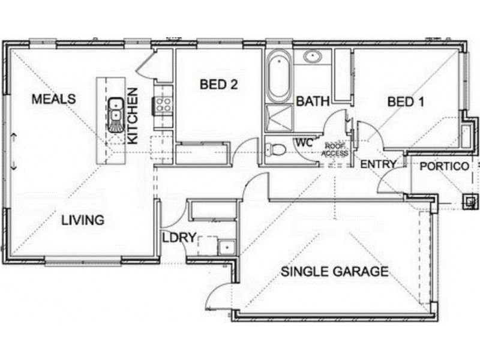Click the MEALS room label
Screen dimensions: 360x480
(x=54, y=99)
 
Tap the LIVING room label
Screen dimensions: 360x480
(x=83, y=220)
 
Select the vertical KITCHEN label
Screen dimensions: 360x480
(x=133, y=116)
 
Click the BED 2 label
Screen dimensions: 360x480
(x=218, y=85)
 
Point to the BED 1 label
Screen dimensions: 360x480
(x=406, y=102)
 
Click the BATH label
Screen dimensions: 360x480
(x=313, y=101)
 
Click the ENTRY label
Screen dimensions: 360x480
(x=378, y=164)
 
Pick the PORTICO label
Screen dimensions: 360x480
(x=444, y=166)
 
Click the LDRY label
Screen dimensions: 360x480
(x=179, y=238)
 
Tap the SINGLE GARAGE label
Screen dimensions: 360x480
(x=335, y=272)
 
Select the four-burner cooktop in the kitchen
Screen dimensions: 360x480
(x=163, y=106)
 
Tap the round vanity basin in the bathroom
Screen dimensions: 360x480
(x=312, y=57)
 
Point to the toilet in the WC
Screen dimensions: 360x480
(x=276, y=148)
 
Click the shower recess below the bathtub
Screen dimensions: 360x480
(x=278, y=118)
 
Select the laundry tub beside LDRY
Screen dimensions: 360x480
(x=226, y=247)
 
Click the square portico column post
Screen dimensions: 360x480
(x=470, y=202)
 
